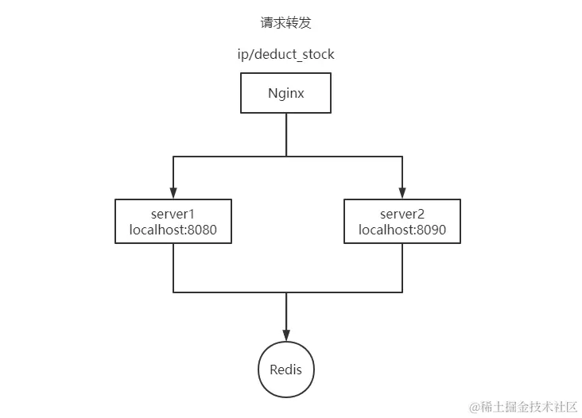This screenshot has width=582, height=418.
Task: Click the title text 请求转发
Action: click(x=285, y=23)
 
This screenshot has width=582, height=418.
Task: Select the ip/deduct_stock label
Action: click(x=285, y=56)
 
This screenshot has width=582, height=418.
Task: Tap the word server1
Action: click(x=173, y=214)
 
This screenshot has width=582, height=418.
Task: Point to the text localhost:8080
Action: click(x=173, y=230)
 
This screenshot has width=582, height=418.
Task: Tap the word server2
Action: click(x=402, y=214)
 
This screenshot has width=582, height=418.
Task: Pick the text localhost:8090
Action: click(x=402, y=230)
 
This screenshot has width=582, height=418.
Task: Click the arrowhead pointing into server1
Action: click(x=173, y=193)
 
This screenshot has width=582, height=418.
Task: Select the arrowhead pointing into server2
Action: click(x=402, y=193)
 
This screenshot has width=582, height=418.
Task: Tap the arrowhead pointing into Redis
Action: click(x=285, y=336)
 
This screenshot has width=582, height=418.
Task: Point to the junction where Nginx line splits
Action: click(x=285, y=157)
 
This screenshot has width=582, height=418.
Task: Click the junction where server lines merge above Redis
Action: click(x=285, y=292)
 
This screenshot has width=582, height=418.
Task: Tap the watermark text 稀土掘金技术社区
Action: click(x=529, y=407)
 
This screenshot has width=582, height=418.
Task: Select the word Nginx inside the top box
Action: click(x=285, y=93)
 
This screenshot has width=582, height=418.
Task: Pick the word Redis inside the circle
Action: click(x=285, y=370)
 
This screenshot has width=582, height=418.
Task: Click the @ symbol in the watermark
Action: click(x=475, y=407)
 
